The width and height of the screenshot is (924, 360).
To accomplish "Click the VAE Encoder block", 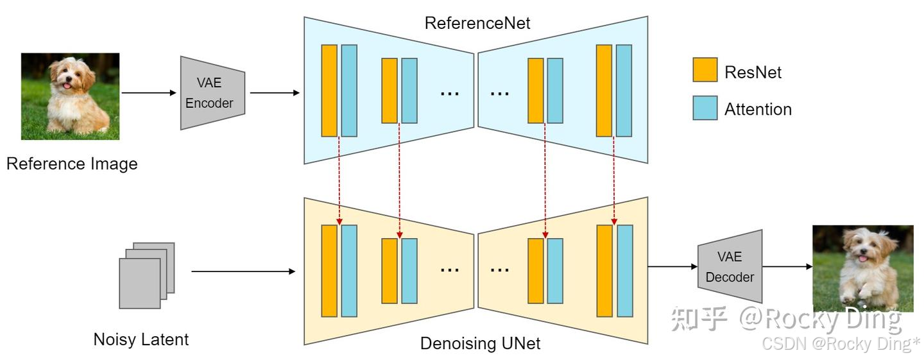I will click(211, 93).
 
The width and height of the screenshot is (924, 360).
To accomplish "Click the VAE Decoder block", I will click(730, 266).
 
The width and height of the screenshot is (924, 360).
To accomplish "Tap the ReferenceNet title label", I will click(477, 23).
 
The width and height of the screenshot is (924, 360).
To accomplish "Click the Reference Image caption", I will click(72, 164).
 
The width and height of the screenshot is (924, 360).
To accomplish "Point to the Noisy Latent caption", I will click(141, 339).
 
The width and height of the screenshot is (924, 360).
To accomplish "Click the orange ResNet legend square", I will click(705, 70).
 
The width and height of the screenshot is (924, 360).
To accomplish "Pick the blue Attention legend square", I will click(705, 108).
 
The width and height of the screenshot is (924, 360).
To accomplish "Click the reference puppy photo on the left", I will click(70, 96).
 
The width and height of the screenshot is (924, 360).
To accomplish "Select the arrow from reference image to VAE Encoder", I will click(148, 93).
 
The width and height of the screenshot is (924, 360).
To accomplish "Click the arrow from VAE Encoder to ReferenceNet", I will click(275, 93).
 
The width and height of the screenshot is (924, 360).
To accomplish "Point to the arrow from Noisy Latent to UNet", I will click(243, 271).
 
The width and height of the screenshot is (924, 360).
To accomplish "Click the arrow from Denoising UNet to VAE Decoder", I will click(672, 266).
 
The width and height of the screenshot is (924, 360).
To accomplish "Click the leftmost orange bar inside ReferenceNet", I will click(329, 90).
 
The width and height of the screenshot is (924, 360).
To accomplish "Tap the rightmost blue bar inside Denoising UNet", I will click(624, 271).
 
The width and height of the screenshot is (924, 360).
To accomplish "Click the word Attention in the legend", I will click(758, 110).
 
